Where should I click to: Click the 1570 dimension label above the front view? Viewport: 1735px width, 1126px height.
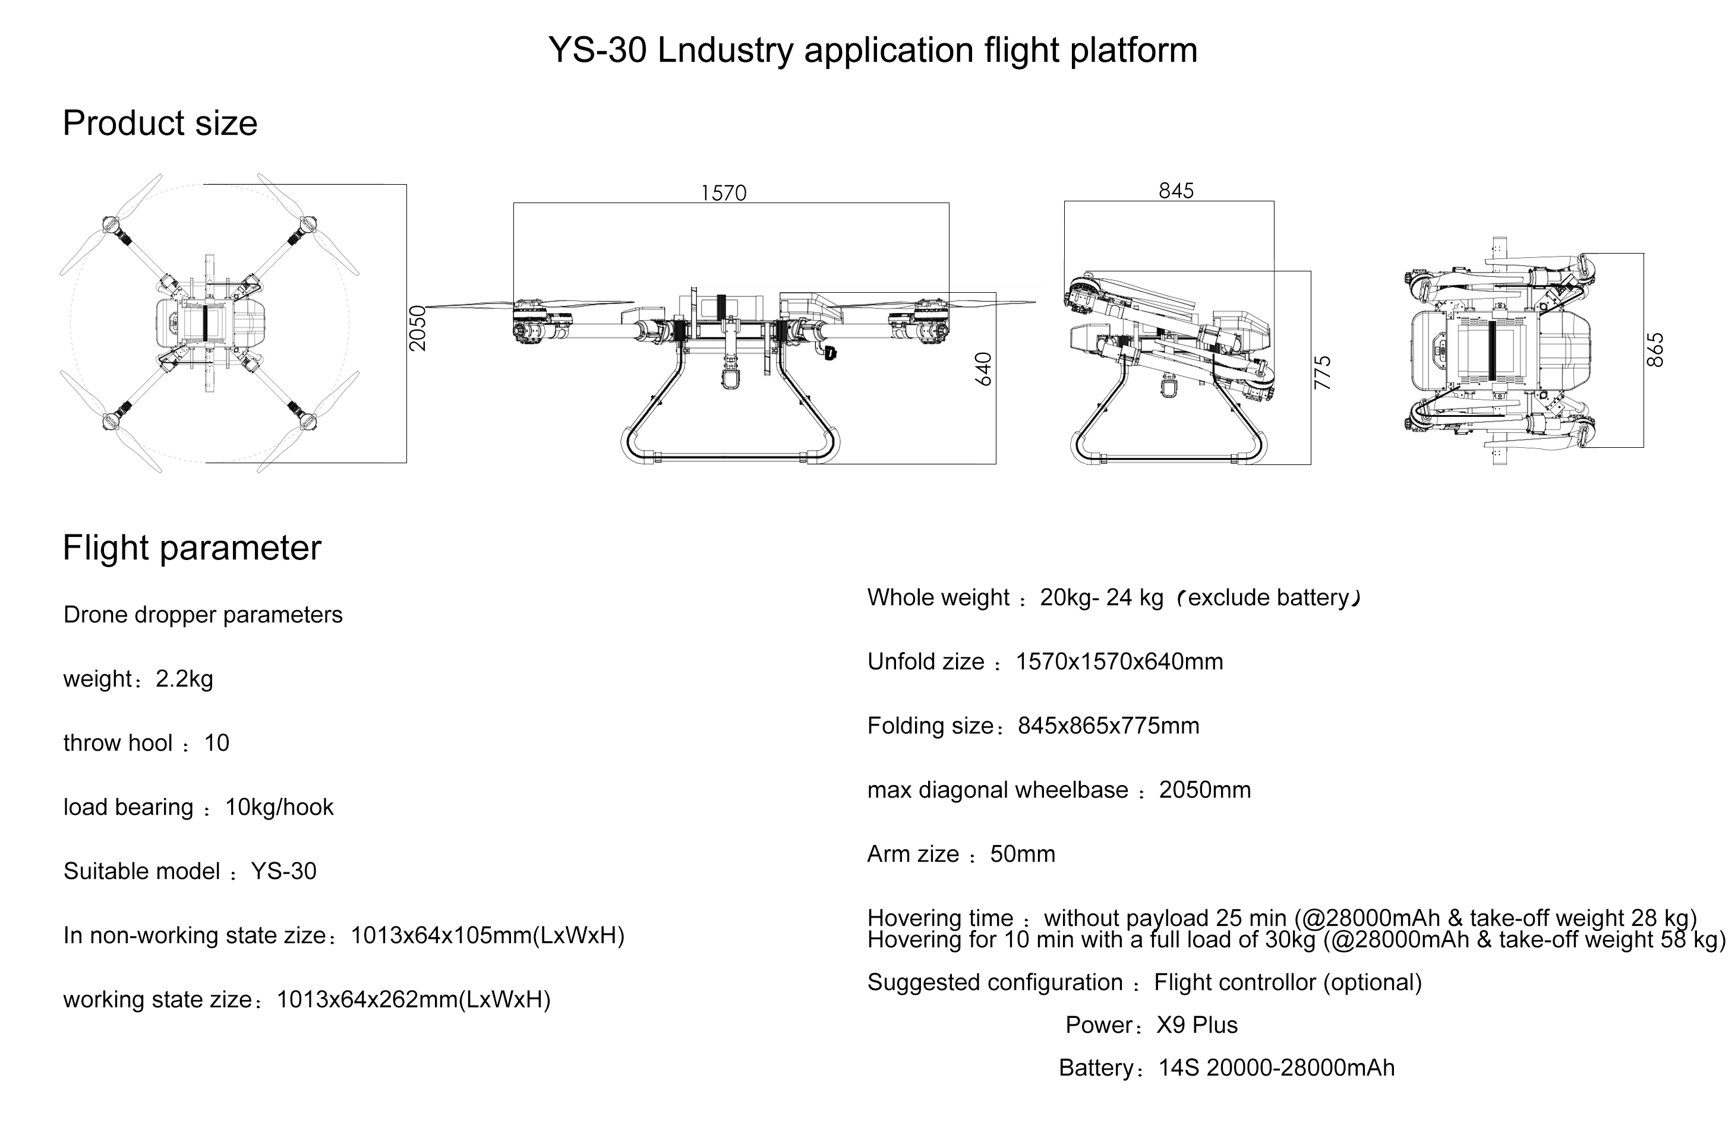723,192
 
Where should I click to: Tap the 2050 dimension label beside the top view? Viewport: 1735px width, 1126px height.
417,328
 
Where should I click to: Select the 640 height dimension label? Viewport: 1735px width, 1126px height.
983,369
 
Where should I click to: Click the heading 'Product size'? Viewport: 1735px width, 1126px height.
160,123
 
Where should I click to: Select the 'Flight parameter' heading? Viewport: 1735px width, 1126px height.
192,548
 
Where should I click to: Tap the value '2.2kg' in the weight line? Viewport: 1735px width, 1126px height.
184,679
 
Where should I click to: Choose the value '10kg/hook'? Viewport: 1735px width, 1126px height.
279,808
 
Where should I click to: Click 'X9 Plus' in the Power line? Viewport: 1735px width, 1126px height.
1197,1026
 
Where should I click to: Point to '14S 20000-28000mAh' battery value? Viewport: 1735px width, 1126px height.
1276,1068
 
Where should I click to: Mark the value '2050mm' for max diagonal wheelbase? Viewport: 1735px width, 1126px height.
1205,790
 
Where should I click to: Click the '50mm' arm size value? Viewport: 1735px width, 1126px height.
1023,854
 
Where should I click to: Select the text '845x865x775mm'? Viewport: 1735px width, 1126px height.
1109,726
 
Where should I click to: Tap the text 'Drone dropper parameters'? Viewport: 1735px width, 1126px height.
203,615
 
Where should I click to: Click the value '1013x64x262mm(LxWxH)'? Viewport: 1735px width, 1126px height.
414,1000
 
